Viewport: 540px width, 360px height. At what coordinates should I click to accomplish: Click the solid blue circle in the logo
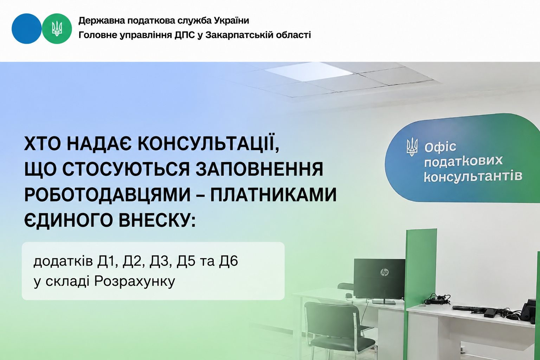26,29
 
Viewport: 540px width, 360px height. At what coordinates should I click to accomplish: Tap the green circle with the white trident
57,29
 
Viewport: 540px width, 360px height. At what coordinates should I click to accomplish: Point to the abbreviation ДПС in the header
185,35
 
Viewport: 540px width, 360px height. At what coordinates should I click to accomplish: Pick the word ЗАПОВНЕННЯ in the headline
259,169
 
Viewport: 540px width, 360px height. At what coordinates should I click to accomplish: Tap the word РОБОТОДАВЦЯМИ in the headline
108,195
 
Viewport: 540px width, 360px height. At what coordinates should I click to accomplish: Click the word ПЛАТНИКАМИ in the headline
274,194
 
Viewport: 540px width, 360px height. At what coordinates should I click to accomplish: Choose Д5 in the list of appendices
186,261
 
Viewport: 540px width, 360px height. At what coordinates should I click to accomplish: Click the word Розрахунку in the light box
135,281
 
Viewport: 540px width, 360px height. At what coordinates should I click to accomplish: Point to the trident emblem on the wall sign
412,147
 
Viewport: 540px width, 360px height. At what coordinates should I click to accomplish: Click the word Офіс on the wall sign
440,147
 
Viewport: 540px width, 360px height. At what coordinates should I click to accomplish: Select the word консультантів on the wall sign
473,176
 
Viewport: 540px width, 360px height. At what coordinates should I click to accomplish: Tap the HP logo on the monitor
384,272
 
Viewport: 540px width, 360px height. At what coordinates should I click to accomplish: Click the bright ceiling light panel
308,71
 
